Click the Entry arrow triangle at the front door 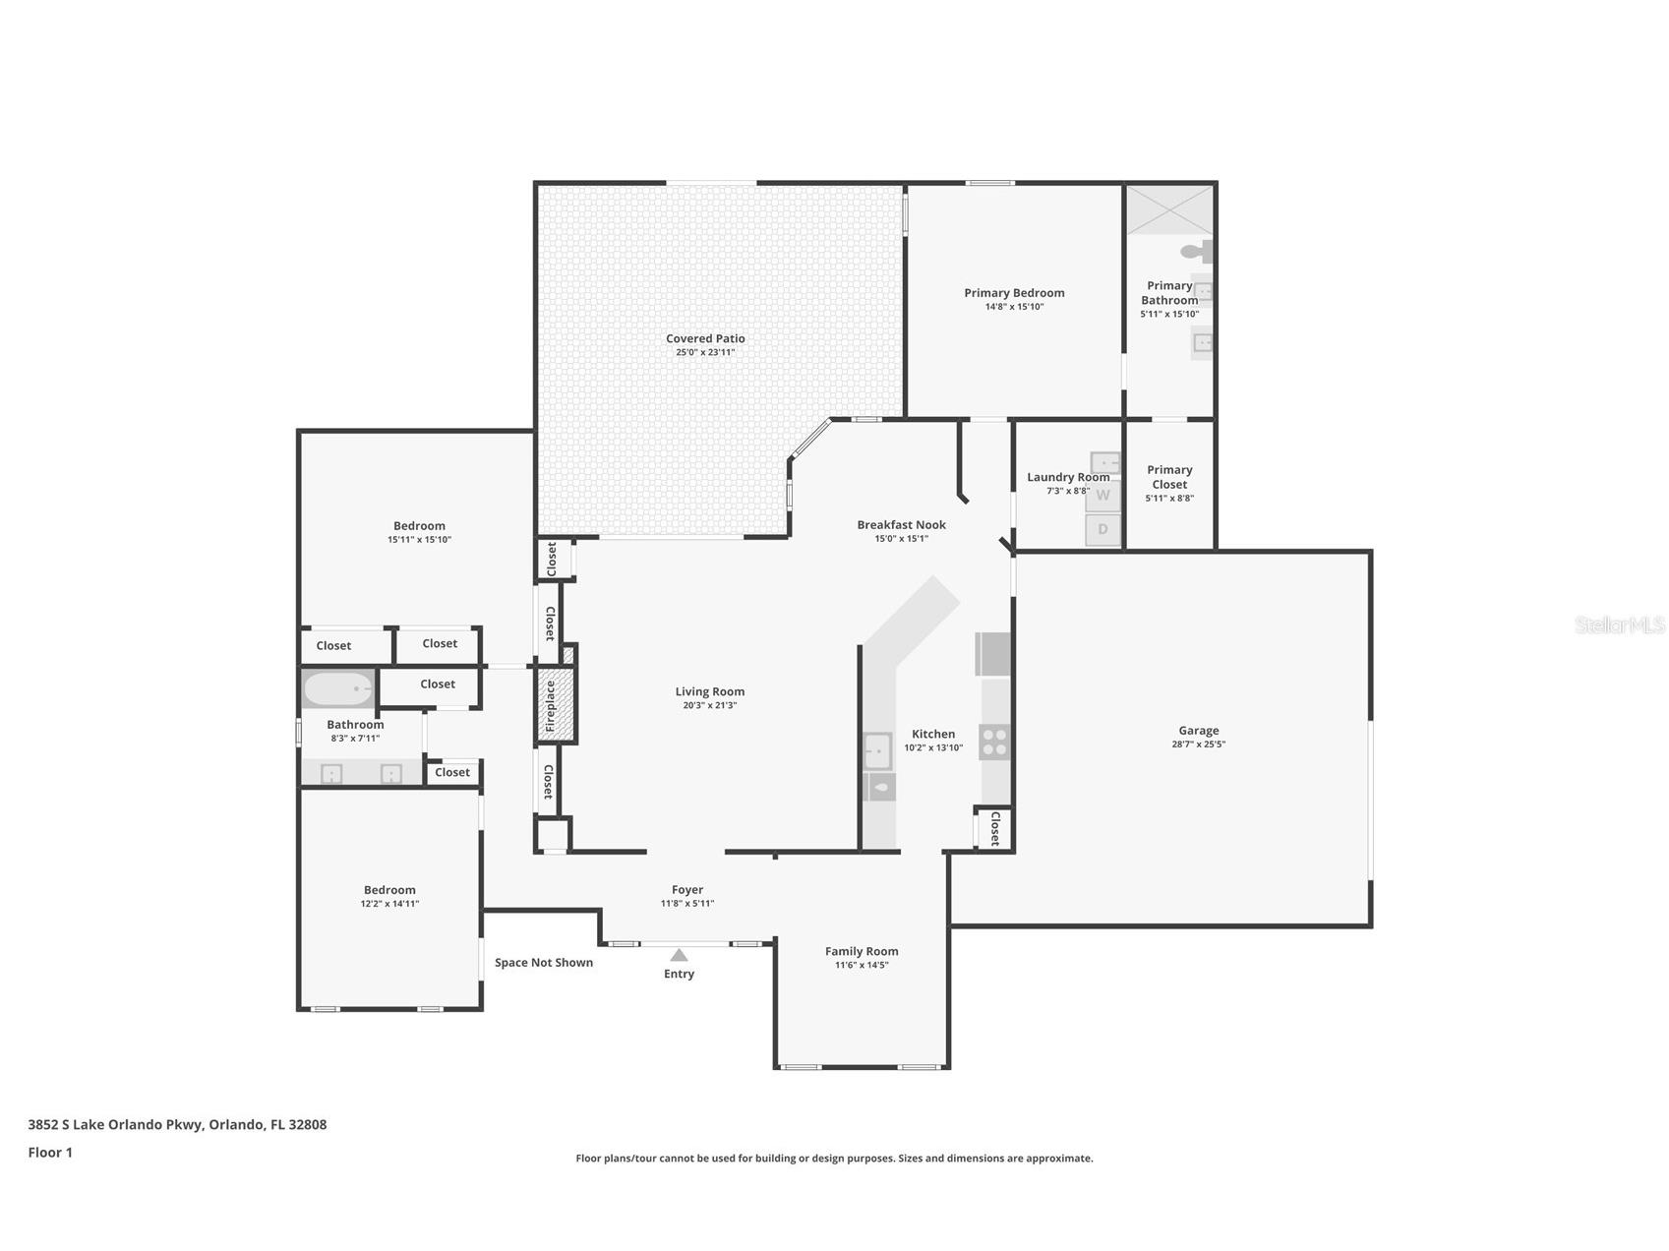(x=679, y=955)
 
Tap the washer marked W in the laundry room (x=1103, y=496)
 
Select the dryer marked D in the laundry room (x=1103, y=529)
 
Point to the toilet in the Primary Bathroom (x=1198, y=251)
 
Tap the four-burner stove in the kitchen (x=994, y=742)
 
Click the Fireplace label (x=550, y=705)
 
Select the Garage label (x=1198, y=730)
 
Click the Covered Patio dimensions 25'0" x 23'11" (x=705, y=352)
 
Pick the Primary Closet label (x=1169, y=477)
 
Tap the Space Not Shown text (x=544, y=962)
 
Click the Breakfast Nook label (x=901, y=524)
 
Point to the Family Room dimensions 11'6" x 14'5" (x=862, y=965)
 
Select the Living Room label (x=709, y=691)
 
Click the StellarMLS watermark (x=1620, y=625)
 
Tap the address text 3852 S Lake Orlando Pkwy (x=115, y=1124)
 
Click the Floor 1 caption (x=50, y=1152)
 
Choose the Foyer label (x=687, y=890)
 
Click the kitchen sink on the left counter (x=877, y=751)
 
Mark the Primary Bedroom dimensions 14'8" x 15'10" (x=1014, y=307)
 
